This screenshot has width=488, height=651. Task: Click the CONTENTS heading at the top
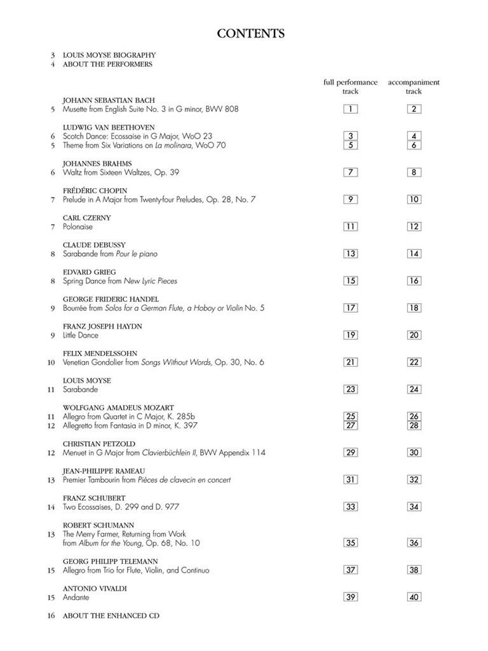[x=250, y=34]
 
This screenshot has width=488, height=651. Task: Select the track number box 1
[x=350, y=109]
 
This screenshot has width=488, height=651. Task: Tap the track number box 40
[x=414, y=597]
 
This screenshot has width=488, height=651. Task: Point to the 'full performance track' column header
[x=350, y=86]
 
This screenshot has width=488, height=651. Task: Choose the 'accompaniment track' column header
[x=414, y=86]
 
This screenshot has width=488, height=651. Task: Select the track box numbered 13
[x=350, y=254]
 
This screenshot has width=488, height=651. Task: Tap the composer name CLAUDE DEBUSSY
[x=94, y=245]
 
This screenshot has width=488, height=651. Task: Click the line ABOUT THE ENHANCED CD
[x=111, y=616]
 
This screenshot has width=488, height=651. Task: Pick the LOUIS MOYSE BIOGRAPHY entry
[x=109, y=55]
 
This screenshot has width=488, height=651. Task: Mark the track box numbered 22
[x=414, y=362]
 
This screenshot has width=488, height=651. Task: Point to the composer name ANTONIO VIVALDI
[x=95, y=589]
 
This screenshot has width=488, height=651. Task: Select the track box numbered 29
[x=350, y=453]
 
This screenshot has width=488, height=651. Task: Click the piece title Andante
[x=76, y=598]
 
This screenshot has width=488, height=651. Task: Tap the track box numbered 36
[x=414, y=543]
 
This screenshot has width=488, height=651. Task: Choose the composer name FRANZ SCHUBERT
[x=94, y=498]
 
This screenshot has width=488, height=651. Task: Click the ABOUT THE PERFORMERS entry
[x=107, y=64]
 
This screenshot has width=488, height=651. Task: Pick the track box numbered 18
[x=414, y=308]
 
